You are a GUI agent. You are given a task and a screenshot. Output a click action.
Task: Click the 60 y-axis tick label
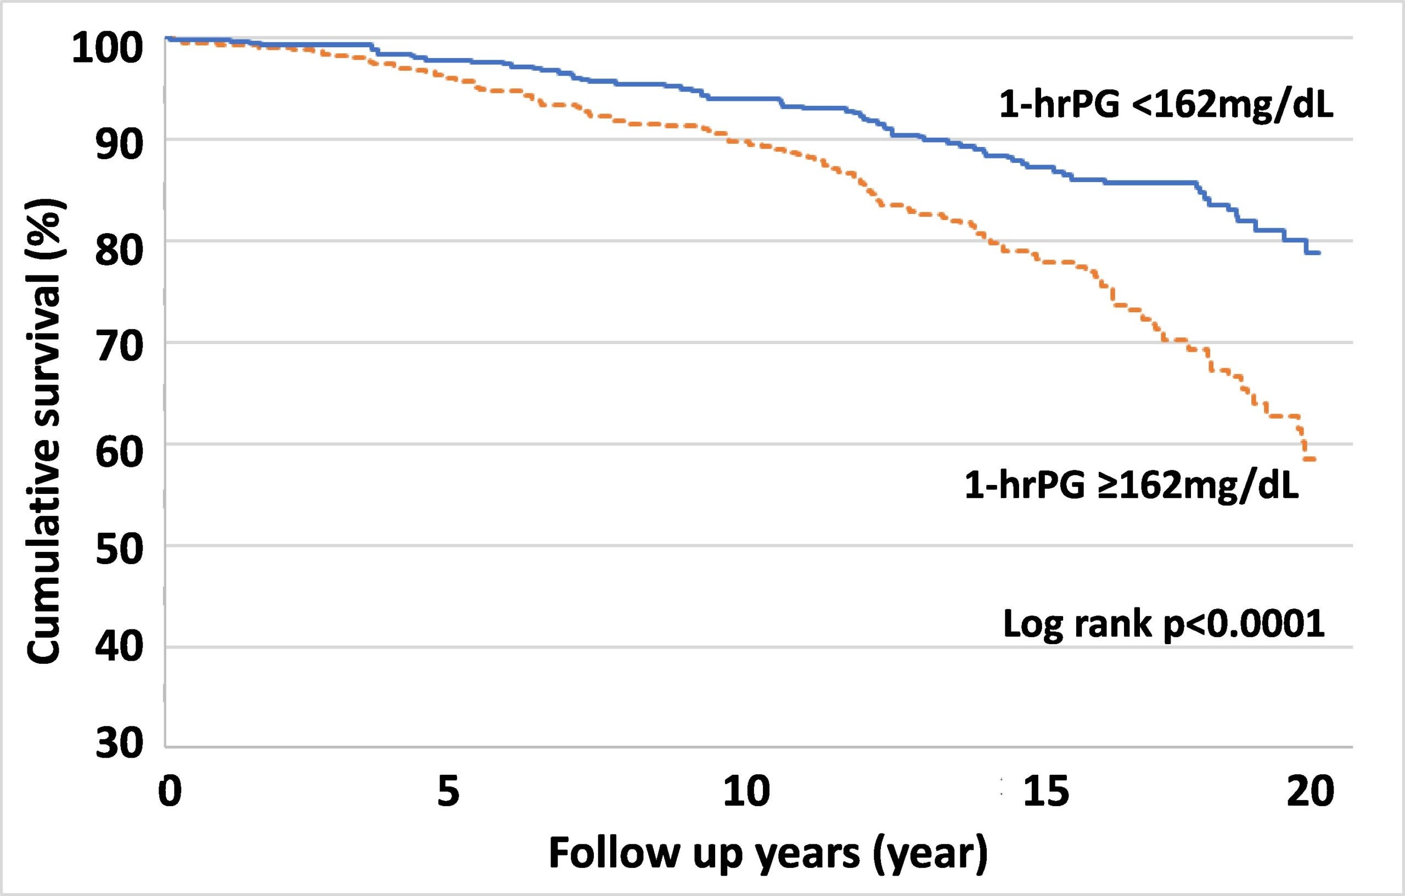[x=119, y=452]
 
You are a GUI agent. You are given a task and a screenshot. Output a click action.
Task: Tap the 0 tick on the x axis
[x=169, y=792]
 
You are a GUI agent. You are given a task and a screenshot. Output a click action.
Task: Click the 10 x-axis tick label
[x=746, y=792]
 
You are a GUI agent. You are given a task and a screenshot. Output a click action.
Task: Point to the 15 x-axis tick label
[x=1047, y=792]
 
